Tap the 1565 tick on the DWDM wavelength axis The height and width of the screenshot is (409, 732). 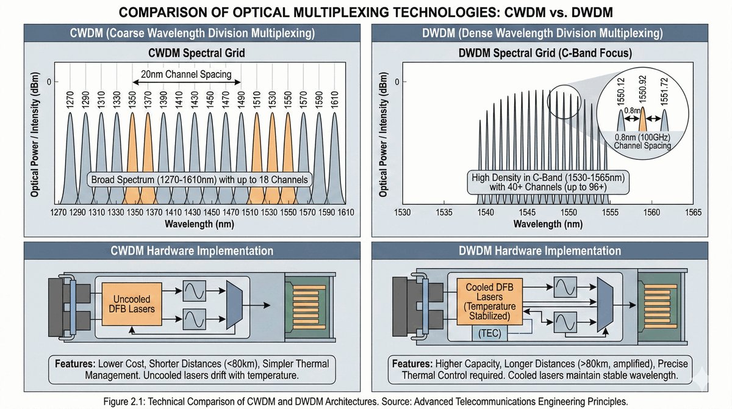[693, 212]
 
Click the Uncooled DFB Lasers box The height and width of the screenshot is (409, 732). [132, 303]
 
